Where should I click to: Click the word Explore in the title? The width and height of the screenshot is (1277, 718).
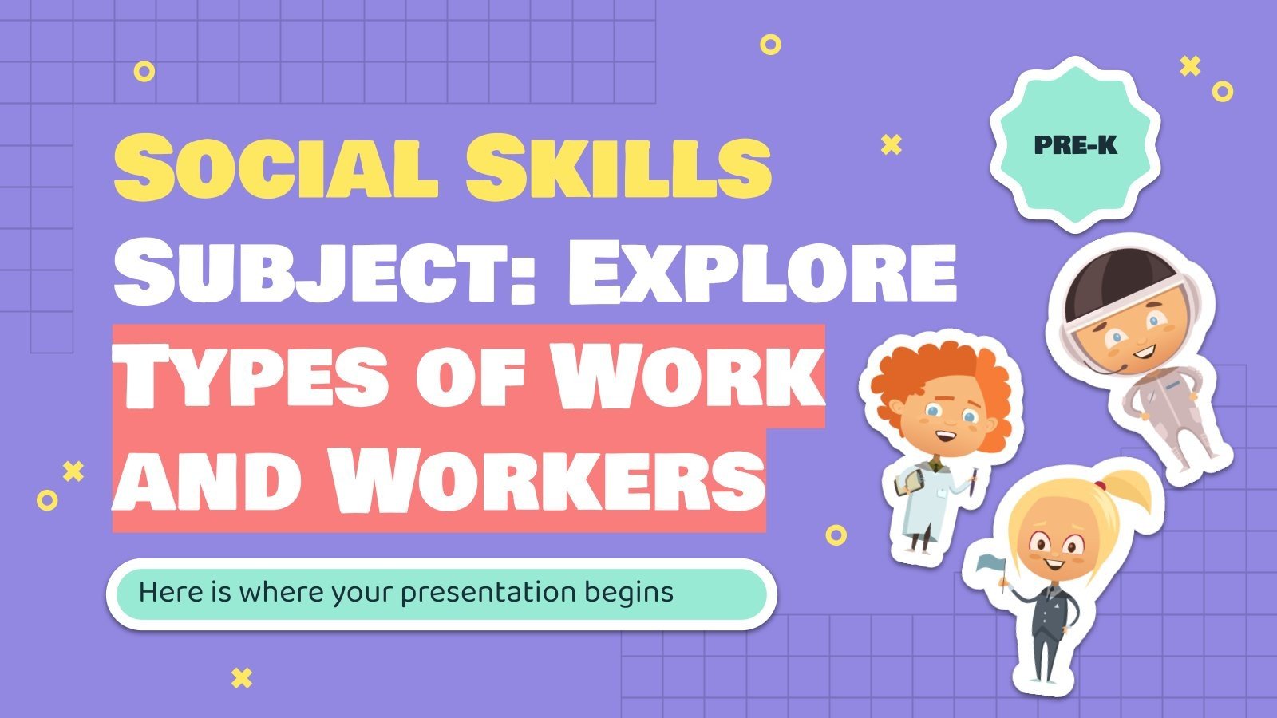click(x=762, y=273)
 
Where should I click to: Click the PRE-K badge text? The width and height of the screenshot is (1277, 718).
click(x=1075, y=145)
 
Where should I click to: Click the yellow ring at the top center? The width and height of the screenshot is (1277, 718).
click(x=770, y=45)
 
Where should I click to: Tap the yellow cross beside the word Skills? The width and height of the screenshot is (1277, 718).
click(x=891, y=144)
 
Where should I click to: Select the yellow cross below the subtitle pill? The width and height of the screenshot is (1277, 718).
click(x=241, y=678)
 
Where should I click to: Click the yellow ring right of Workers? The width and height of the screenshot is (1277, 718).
click(x=836, y=535)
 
